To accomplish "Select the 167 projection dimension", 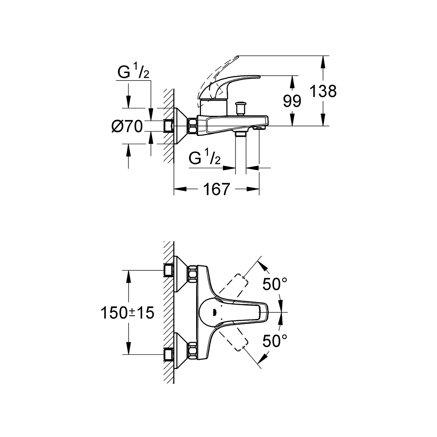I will pyautogui.click(x=217, y=189).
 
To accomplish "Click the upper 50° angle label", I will pyautogui.click(x=274, y=284).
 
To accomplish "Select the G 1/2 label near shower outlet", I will pyautogui.click(x=205, y=159).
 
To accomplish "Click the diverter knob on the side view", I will pyautogui.click(x=240, y=108).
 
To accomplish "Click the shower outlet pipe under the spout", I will pyautogui.click(x=241, y=153).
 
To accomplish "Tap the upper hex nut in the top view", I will pyautogui.click(x=192, y=274).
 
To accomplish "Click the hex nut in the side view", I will pyautogui.click(x=192, y=126).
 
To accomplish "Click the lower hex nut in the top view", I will pyautogui.click(x=192, y=350).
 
